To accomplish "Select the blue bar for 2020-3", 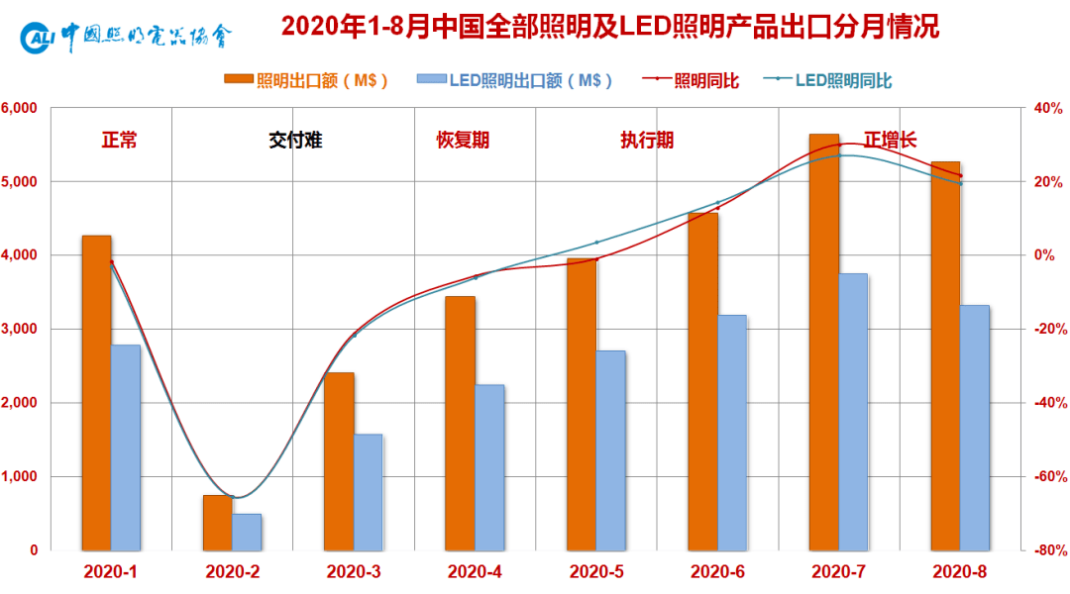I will (369, 492).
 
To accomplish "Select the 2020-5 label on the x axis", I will (596, 571).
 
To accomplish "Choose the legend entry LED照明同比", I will (830, 81).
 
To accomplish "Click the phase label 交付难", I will (295, 140).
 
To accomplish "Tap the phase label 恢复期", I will (463, 140).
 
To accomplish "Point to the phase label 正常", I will (119, 140).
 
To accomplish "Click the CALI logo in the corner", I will (37, 38).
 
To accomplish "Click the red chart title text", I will (609, 27).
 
